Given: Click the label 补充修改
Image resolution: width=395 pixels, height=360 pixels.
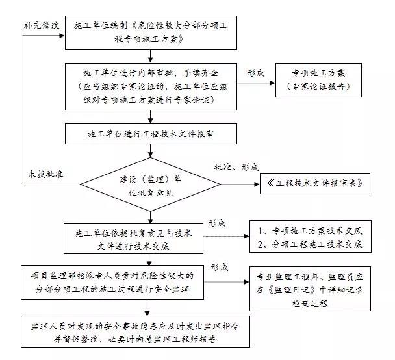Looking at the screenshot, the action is [42, 25].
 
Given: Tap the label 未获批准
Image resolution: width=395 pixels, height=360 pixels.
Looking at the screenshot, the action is [45, 174].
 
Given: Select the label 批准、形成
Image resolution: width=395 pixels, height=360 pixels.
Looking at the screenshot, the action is [236, 167].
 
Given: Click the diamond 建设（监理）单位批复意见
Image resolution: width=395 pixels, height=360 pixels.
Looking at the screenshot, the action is [150, 185].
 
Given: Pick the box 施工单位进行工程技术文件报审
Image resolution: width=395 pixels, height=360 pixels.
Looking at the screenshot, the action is [151, 134].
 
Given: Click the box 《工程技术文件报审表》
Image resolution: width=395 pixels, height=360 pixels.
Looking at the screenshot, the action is [315, 183].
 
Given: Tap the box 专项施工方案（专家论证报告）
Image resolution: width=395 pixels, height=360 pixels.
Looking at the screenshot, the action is [318, 80].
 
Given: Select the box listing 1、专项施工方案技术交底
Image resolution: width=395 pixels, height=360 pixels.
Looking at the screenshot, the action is [311, 237].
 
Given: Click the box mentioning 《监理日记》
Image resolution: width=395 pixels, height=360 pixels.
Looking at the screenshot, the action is [310, 289].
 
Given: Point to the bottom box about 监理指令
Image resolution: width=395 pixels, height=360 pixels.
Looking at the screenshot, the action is [135, 332].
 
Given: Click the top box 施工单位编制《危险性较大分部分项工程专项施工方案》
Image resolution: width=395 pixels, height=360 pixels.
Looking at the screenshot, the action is [151, 32].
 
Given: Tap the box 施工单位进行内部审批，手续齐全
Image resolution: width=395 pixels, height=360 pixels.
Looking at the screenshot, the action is [151, 86].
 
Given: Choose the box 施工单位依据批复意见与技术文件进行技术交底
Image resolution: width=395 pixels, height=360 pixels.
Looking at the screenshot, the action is [133, 238].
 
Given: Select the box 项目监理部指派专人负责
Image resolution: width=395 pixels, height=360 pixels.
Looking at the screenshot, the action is [112, 282].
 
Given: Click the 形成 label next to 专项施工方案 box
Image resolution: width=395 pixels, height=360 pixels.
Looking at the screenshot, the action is [256, 73].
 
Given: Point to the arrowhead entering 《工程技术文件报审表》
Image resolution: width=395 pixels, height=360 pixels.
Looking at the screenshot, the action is [257, 185].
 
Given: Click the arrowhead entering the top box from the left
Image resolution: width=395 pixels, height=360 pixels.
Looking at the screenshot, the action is [62, 36].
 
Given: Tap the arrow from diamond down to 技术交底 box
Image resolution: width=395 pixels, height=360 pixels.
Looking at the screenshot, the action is [150, 217].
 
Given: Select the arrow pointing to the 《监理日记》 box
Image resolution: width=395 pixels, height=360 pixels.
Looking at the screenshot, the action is [227, 282].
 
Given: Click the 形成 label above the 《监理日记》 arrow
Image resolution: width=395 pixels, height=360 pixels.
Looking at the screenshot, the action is [220, 267].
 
